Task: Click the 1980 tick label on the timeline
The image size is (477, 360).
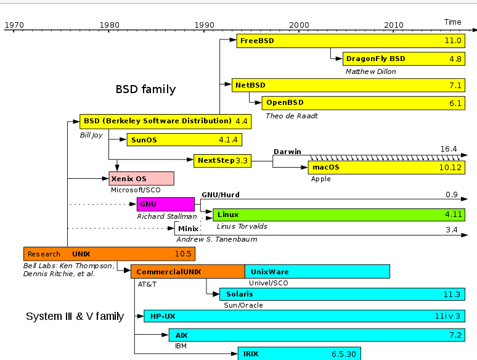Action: point(109,25)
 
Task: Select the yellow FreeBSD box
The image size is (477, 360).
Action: point(350,41)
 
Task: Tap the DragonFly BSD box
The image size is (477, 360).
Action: point(404,59)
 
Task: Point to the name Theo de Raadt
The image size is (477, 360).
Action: point(291,115)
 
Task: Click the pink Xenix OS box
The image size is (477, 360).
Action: point(141,178)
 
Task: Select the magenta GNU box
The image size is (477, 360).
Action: point(166,204)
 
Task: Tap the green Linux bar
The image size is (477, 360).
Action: point(339,215)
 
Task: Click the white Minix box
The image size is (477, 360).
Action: point(187,229)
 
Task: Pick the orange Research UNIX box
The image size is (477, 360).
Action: point(108,253)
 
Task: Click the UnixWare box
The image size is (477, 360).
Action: point(317,271)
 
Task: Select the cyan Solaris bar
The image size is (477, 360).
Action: point(342,294)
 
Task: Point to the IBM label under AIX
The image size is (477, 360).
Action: point(181,346)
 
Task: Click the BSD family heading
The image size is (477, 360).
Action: point(145,89)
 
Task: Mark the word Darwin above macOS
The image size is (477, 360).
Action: point(287,151)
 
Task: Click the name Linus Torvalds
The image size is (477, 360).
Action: point(242,226)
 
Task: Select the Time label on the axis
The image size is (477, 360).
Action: point(452,22)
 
